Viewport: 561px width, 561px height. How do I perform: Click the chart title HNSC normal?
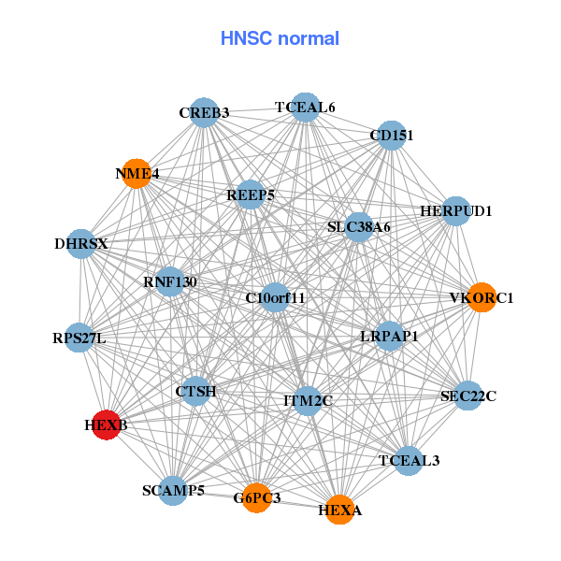(x=280, y=39)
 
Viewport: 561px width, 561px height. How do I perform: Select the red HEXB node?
(x=107, y=425)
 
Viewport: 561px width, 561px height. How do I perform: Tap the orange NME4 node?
(x=137, y=173)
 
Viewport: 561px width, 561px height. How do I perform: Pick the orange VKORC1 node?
(x=481, y=298)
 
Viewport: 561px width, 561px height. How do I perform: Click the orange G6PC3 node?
(x=257, y=497)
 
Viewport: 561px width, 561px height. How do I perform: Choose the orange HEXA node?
(x=339, y=510)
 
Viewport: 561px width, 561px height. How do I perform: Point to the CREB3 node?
(x=204, y=113)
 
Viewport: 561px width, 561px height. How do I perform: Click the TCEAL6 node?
(x=305, y=108)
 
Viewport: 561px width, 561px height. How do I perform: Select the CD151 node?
(x=392, y=136)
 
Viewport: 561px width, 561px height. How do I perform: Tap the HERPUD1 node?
(x=455, y=211)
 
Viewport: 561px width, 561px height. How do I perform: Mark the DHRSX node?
(x=81, y=244)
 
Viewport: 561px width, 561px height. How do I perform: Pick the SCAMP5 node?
(x=173, y=490)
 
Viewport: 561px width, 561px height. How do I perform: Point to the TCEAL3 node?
(x=409, y=460)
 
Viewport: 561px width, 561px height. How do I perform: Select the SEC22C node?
(x=468, y=396)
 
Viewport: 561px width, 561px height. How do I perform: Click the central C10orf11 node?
(x=275, y=298)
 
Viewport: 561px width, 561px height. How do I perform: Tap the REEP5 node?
(x=251, y=195)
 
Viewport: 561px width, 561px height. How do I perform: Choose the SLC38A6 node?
(x=359, y=227)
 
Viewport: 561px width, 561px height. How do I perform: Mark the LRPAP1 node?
(x=389, y=335)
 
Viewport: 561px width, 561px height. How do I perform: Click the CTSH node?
(x=195, y=392)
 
